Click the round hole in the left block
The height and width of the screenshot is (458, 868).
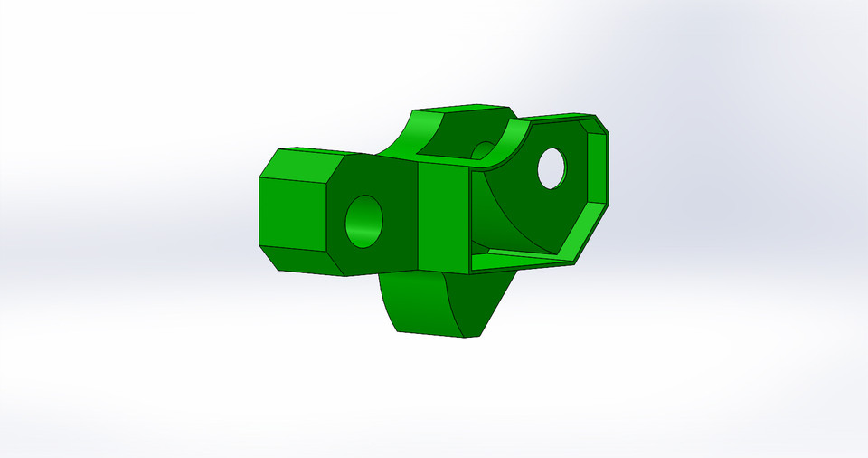pyautogui.click(x=364, y=221)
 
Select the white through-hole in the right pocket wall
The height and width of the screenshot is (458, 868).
pyautogui.click(x=552, y=167)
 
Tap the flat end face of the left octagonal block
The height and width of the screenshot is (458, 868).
pyautogui.click(x=292, y=214)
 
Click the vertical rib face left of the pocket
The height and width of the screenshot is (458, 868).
pyautogui.click(x=443, y=217)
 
